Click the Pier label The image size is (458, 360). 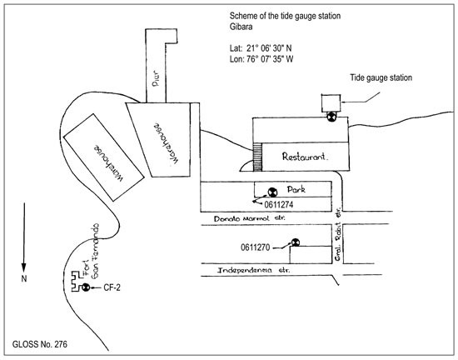156,78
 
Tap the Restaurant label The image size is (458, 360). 305,157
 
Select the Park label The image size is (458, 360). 296,189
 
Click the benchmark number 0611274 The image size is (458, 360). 279,204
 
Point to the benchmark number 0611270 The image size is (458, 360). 256,247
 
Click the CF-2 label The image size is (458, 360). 112,287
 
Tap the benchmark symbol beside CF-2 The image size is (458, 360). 86,287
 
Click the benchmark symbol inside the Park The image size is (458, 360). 272,192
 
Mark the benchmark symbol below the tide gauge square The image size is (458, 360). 331,117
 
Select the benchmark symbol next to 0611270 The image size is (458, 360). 296,242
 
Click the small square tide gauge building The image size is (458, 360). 331,103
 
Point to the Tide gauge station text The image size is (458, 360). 381,77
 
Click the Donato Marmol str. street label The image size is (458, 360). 250,218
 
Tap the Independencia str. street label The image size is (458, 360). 254,270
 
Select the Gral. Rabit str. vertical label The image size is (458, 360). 338,234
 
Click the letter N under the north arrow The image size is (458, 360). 24,278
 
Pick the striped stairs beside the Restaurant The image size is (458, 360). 257,157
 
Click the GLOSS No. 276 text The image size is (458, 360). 39,344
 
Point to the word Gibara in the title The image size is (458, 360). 241,27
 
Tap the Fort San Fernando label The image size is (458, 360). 91,251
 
